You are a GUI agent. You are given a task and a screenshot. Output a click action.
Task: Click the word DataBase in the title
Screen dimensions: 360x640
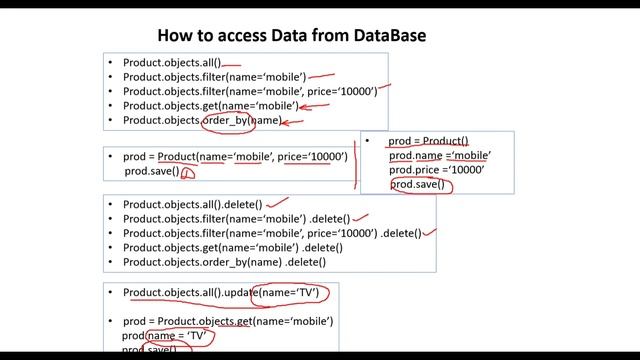[379, 35]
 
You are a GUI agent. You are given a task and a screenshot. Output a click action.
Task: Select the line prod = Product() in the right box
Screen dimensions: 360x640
[427, 141]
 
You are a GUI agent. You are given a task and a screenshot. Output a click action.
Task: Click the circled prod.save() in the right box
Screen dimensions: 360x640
[418, 185]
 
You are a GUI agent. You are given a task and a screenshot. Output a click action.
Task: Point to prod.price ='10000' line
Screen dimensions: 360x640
[436, 170]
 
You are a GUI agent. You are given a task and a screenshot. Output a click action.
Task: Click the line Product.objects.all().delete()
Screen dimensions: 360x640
[192, 204]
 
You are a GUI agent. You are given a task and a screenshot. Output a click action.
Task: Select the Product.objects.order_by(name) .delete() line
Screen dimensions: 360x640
[224, 262]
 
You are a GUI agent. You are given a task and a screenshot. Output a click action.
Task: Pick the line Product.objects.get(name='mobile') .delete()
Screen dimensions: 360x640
[232, 247]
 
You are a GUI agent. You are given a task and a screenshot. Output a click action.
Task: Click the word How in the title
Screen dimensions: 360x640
[175, 35]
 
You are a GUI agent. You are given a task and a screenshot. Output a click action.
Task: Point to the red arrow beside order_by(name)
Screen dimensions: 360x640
[293, 122]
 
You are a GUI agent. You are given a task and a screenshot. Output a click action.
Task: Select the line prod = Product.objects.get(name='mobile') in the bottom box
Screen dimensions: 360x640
[228, 321]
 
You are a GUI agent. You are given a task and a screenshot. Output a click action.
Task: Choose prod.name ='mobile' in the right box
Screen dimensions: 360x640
[439, 156]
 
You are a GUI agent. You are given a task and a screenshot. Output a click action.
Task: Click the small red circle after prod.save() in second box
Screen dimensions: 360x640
[188, 173]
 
